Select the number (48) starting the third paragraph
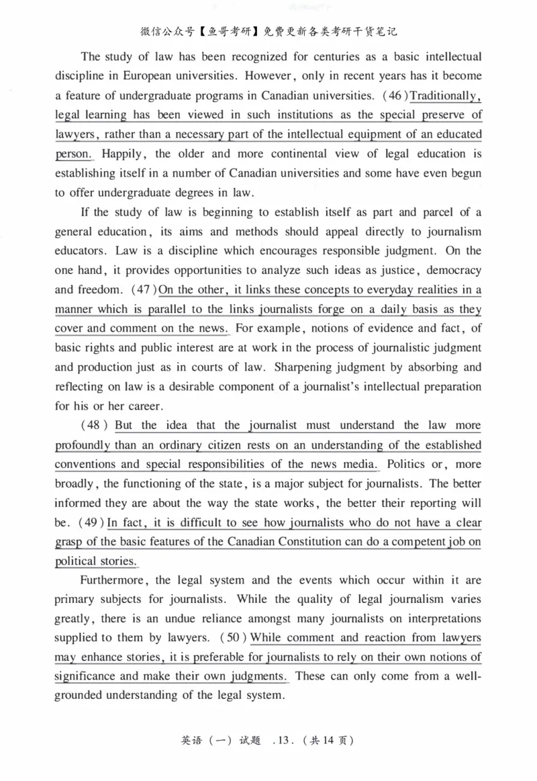tap(95, 425)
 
